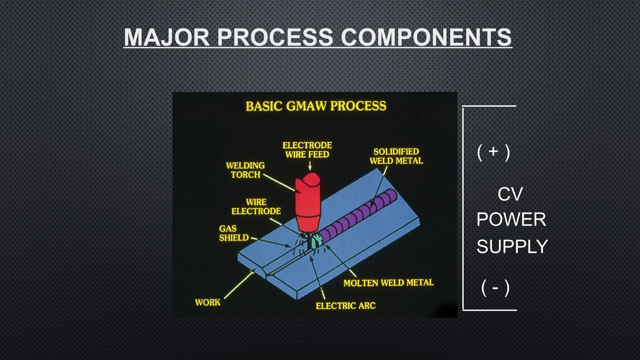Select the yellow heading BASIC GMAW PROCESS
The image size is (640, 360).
[x=316, y=106]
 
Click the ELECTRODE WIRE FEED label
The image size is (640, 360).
[x=307, y=150]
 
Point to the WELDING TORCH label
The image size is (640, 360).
[x=245, y=170]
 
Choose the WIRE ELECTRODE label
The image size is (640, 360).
[x=256, y=207]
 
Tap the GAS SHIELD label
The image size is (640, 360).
[x=233, y=233]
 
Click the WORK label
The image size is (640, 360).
[x=207, y=302]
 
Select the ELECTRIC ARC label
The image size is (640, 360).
[x=346, y=306]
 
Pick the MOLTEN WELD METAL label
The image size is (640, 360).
[x=388, y=283]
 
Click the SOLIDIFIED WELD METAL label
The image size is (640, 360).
[x=396, y=156]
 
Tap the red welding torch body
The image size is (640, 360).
[x=308, y=203]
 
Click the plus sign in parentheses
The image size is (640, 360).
[x=493, y=152]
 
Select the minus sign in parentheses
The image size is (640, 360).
[x=495, y=287]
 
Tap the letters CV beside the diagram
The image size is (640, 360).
[x=510, y=194]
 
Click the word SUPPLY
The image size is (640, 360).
[x=512, y=246]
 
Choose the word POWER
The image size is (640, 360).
[x=511, y=219]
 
